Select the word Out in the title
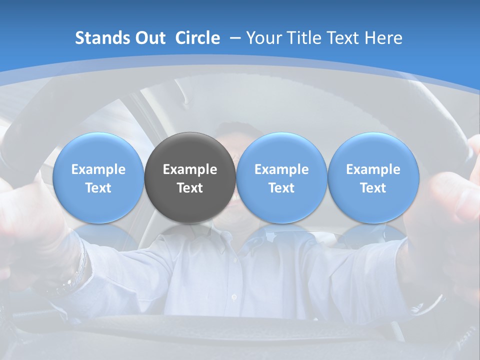pyautogui.click(x=149, y=38)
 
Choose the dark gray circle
pyautogui.click(x=190, y=177)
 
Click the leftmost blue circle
pyautogui.click(x=98, y=177)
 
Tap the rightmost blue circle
pyautogui.click(x=373, y=177)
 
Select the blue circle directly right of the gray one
pyautogui.click(x=281, y=177)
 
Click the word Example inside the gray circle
pyautogui.click(x=190, y=169)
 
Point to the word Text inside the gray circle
pyautogui.click(x=190, y=188)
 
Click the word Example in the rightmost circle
pyautogui.click(x=373, y=169)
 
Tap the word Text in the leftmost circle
pyautogui.click(x=98, y=188)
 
